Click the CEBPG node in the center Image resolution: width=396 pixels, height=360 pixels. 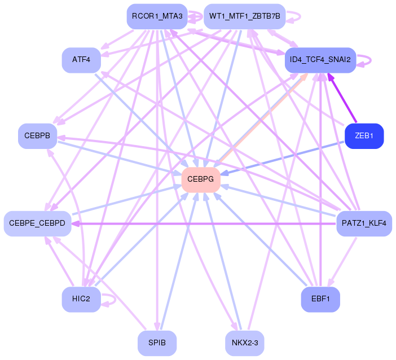pyautogui.click(x=201, y=179)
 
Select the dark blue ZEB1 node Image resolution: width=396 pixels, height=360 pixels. pyautogui.click(x=364, y=136)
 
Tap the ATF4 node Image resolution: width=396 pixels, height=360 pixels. pyautogui.click(x=81, y=60)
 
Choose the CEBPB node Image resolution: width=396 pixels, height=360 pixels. pyautogui.click(x=37, y=136)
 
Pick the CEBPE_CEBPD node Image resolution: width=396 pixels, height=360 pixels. pyautogui.click(x=37, y=223)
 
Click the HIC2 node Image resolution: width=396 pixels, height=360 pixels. pyautogui.click(x=81, y=299)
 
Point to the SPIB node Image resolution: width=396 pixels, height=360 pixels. pyautogui.click(x=157, y=343)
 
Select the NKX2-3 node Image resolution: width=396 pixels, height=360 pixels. pyautogui.click(x=245, y=343)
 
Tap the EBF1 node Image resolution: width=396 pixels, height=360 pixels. pyautogui.click(x=320, y=299)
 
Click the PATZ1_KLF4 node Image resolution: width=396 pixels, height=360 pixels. pyautogui.click(x=364, y=223)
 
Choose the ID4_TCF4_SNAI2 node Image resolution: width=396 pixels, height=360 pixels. pyautogui.click(x=320, y=60)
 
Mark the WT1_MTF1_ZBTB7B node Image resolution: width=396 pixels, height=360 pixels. pyautogui.click(x=245, y=16)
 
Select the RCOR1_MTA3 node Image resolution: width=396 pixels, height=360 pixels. pyautogui.click(x=157, y=16)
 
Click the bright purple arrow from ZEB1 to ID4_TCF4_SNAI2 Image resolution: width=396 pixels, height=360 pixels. pyautogui.click(x=342, y=98)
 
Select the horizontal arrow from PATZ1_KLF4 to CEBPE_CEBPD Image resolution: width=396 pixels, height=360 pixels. pyautogui.click(x=204, y=223)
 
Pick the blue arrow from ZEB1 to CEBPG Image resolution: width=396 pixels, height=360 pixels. pyautogui.click(x=283, y=158)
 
